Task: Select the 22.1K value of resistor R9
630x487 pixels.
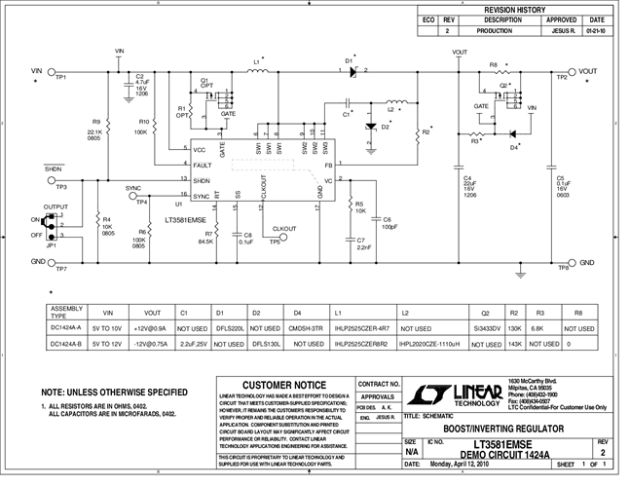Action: pyautogui.click(x=93, y=132)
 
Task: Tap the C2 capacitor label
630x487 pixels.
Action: pyautogui.click(x=139, y=75)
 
